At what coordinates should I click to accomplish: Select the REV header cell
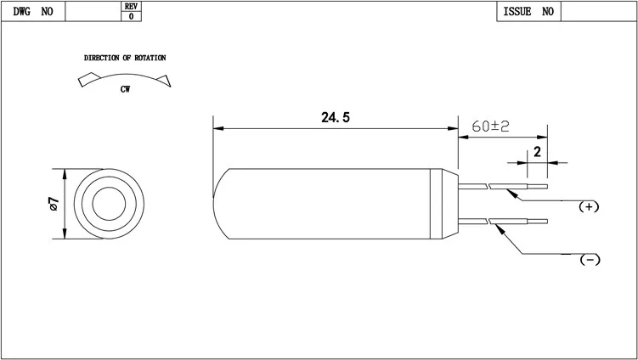131,6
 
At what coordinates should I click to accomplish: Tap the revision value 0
131,16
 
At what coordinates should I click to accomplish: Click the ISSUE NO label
528,12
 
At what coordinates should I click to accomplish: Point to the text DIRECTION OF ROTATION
125,58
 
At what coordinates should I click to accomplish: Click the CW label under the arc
125,88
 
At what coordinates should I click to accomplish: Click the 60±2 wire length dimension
490,126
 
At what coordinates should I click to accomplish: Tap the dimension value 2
537,153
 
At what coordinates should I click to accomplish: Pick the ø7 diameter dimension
54,204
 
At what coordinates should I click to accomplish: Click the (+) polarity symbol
589,206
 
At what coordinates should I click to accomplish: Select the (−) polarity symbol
589,259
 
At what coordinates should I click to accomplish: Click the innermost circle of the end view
108,204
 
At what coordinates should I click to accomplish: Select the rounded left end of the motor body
219,204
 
